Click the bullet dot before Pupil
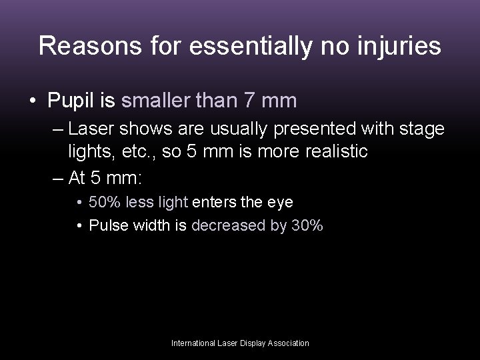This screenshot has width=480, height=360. pyautogui.click(x=33, y=101)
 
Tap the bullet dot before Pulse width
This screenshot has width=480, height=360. pyautogui.click(x=79, y=225)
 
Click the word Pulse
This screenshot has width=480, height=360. pyautogui.click(x=107, y=225)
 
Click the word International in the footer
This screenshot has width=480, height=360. pyautogui.click(x=194, y=343)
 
